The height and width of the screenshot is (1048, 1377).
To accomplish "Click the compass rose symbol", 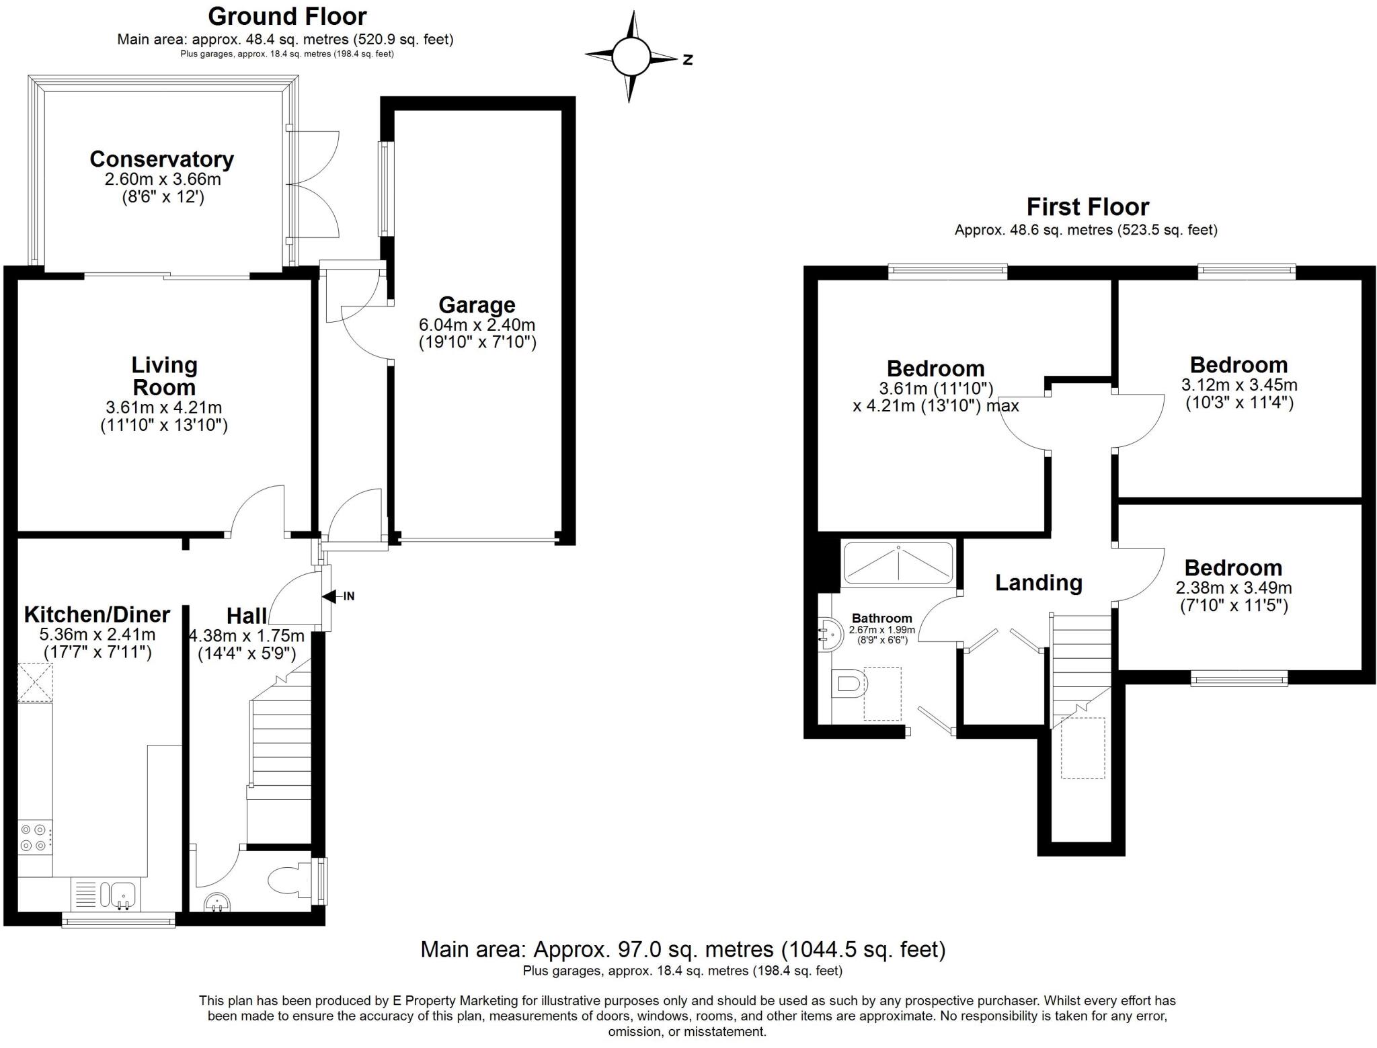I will click(x=631, y=57).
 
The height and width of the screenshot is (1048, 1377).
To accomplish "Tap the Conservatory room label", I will click(x=161, y=159).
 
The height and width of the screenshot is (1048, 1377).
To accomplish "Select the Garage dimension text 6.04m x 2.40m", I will click(x=477, y=325).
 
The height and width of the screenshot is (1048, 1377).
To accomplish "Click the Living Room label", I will click(x=164, y=376).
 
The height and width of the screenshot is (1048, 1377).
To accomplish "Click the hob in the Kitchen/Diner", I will click(x=34, y=837).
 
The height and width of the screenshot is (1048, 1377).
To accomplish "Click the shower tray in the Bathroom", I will click(x=898, y=563).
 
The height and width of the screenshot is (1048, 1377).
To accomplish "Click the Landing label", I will click(x=1038, y=582).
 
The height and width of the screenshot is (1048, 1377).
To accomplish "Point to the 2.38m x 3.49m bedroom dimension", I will click(x=1233, y=588).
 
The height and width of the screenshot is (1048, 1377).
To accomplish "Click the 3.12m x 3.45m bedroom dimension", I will click(x=1238, y=385).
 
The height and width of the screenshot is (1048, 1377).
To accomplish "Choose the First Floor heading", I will click(x=1087, y=206).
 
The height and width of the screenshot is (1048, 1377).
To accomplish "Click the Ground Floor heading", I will click(x=287, y=16).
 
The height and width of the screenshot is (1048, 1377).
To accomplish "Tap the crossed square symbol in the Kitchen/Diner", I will click(x=35, y=682).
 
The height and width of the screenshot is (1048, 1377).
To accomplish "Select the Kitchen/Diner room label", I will click(x=97, y=614).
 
